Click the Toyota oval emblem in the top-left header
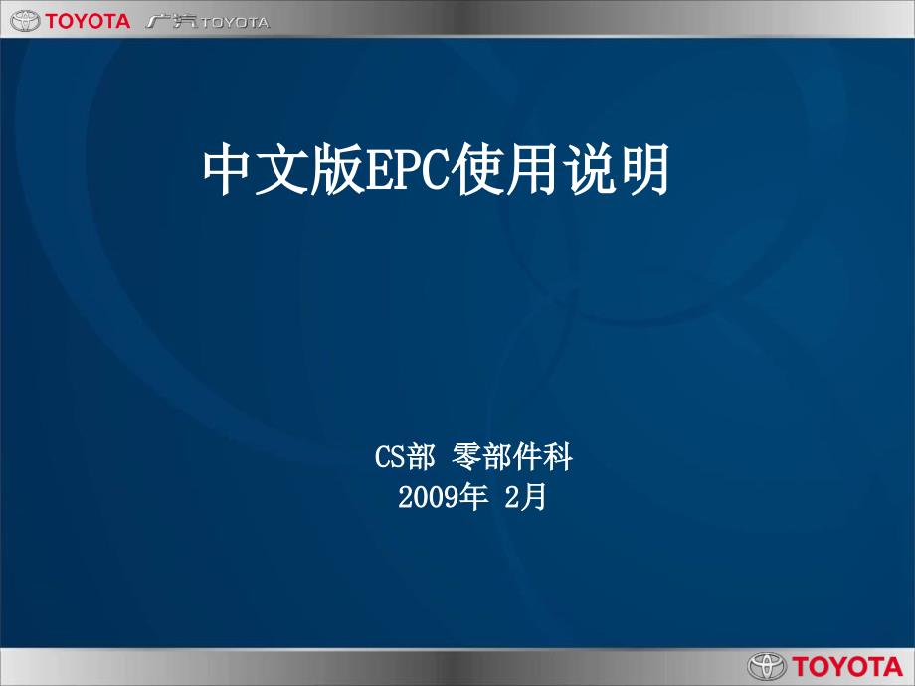coord(21,20)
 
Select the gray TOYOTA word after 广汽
coord(235,22)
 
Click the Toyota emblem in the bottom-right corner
coord(767,665)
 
